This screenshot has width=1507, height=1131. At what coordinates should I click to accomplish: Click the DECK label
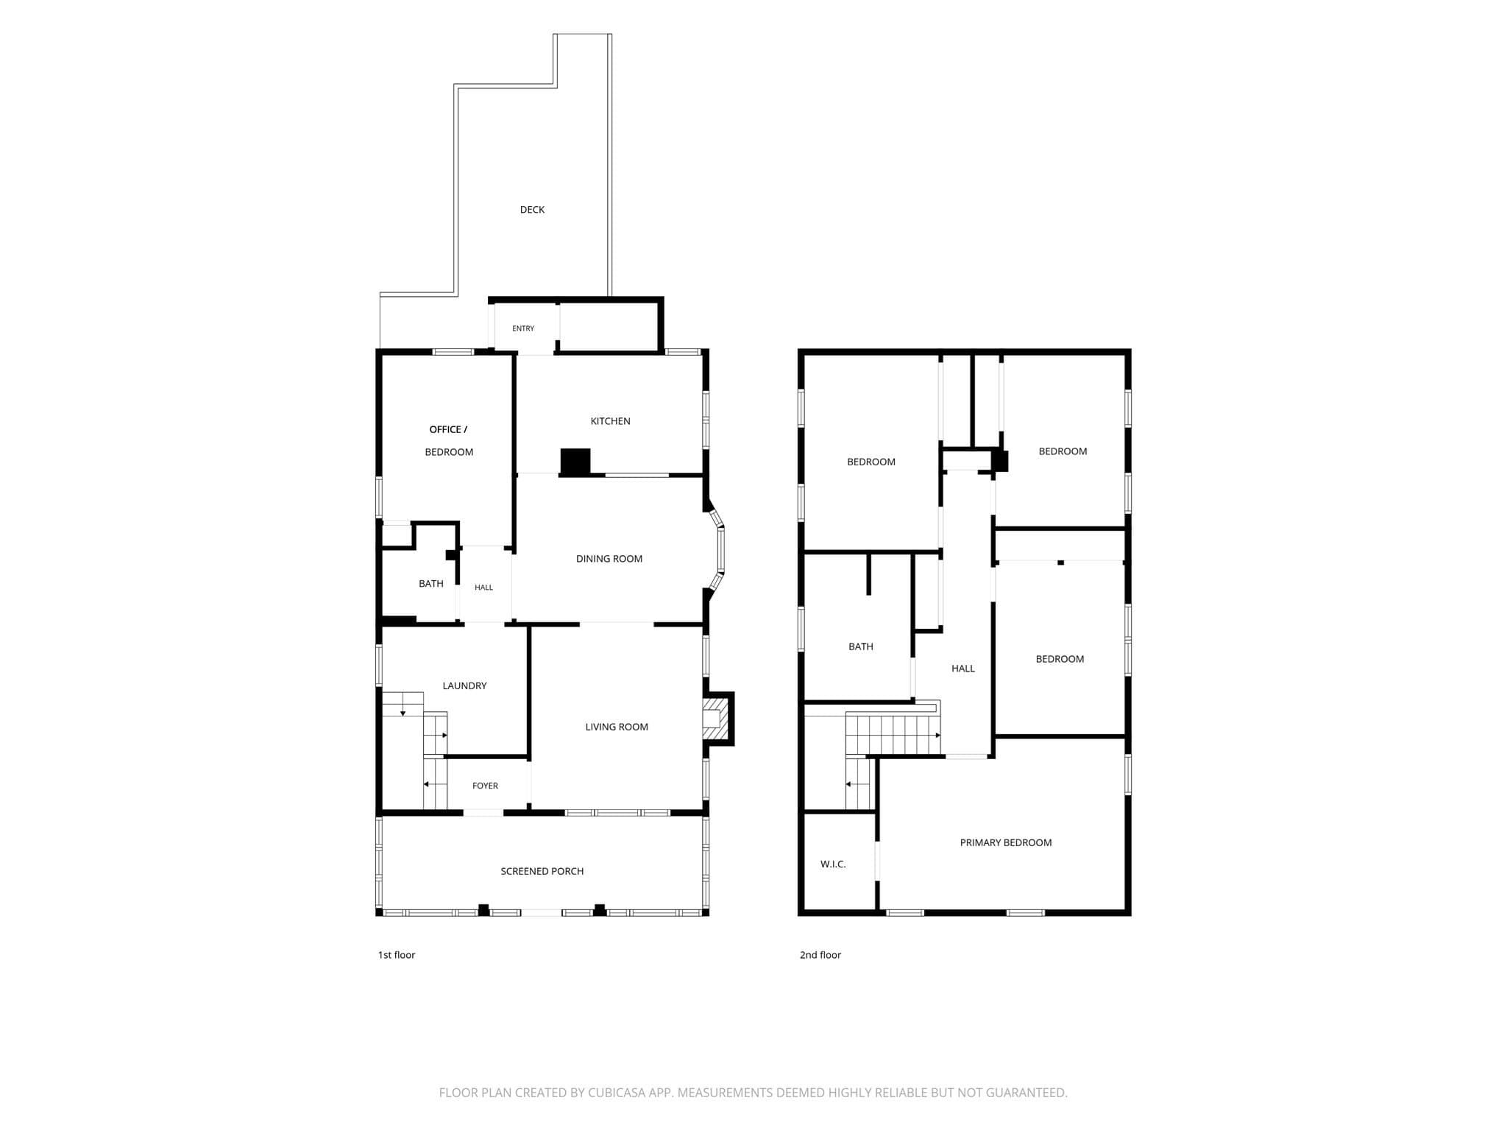click(x=532, y=210)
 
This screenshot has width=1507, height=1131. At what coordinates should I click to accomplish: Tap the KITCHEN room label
click(x=610, y=421)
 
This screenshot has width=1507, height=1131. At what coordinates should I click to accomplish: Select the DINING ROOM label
click(x=609, y=559)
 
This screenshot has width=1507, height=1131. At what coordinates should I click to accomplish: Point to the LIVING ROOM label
click(x=617, y=727)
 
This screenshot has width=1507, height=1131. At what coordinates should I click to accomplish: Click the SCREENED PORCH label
click(x=542, y=871)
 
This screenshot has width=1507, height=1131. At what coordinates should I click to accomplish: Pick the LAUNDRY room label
click(x=464, y=686)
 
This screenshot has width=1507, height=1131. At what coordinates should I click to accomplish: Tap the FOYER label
click(x=485, y=786)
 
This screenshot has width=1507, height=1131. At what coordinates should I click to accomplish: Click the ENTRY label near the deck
click(x=523, y=328)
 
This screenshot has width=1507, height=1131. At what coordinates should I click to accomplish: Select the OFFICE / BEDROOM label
click(x=449, y=440)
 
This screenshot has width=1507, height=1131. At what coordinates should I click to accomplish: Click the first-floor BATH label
click(x=431, y=584)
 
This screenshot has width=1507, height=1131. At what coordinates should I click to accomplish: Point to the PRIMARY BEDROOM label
click(x=1006, y=842)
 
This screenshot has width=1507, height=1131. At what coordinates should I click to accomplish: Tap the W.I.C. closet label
click(x=833, y=864)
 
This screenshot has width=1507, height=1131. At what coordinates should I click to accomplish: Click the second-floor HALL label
click(x=963, y=669)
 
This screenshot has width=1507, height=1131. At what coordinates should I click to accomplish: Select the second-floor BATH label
click(x=861, y=646)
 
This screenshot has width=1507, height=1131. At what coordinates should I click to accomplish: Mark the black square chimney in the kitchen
click(x=575, y=462)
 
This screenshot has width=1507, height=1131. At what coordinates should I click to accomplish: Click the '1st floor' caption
click(x=397, y=955)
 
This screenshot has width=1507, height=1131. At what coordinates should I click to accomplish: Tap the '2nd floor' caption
click(x=820, y=955)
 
